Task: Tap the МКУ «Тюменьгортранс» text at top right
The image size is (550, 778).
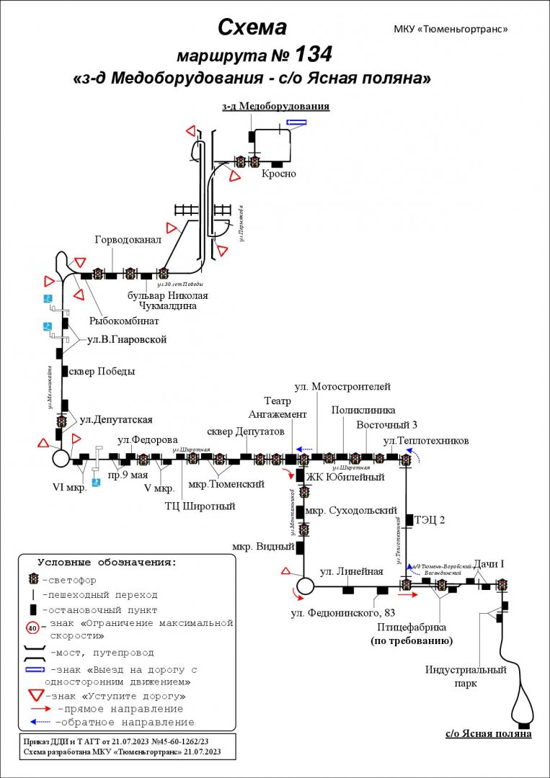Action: click(x=451, y=30)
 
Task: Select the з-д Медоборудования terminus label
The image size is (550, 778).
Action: click(x=275, y=107)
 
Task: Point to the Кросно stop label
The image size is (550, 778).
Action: click(x=278, y=174)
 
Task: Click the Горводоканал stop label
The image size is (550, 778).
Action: click(x=122, y=240)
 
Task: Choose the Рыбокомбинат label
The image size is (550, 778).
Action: click(x=124, y=321)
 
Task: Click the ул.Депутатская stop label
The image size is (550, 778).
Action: click(x=116, y=419)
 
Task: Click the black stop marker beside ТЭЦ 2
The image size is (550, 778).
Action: click(x=409, y=519)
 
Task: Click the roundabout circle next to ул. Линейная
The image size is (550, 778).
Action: click(x=304, y=586)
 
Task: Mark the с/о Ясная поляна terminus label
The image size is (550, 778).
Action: click(x=488, y=734)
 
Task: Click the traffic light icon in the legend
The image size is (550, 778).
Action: click(x=33, y=579)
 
